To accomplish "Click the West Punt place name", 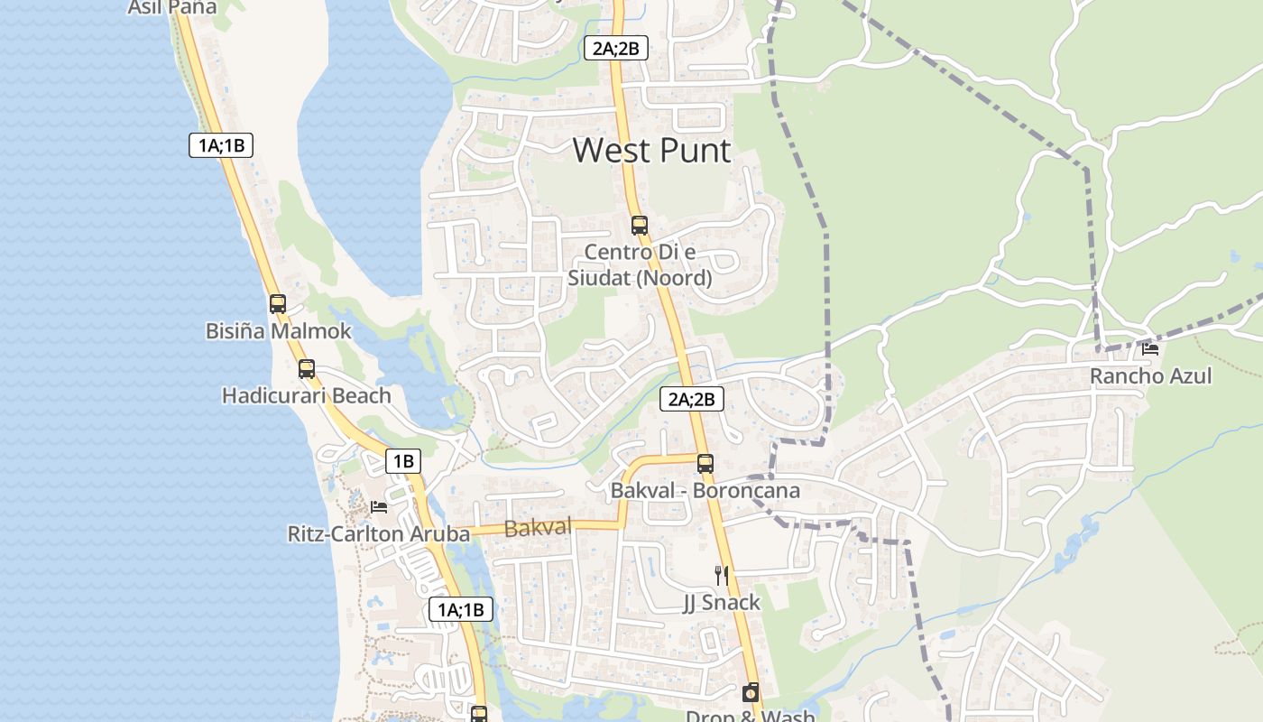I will point(651,150).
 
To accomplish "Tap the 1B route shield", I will point(402,461).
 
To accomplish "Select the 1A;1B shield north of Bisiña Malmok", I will point(221,144).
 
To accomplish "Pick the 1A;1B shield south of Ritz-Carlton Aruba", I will point(461,609).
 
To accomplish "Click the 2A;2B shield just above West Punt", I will point(615,48).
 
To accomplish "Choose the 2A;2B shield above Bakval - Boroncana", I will point(692,398).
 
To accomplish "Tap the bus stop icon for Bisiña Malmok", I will point(278,304).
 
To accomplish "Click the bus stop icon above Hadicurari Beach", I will point(307,368).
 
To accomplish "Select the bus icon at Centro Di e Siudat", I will point(639,226).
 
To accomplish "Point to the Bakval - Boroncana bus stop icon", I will point(705,464).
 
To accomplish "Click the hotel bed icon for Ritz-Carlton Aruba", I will point(379,506).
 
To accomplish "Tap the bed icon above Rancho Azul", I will point(1150,349).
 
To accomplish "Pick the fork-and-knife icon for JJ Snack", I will point(721,575).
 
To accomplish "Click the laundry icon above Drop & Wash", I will point(750,692).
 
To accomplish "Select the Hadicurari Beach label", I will point(307,395).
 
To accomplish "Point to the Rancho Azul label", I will point(1150,375).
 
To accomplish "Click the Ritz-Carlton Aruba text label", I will point(379,533).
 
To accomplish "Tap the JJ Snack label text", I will point(721,602).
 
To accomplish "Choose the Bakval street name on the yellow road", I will point(539,527).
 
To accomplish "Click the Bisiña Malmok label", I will point(278,331).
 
